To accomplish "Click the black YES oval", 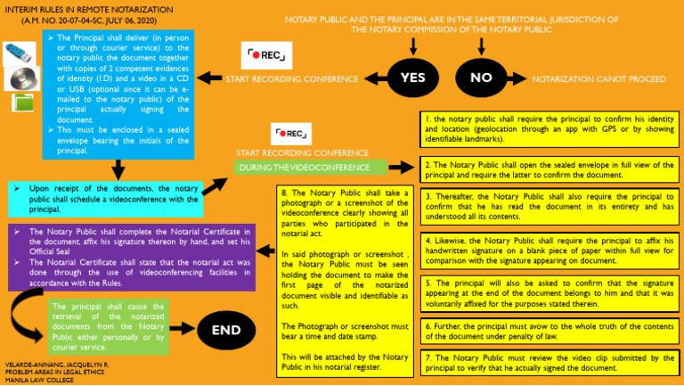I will (x=412, y=78).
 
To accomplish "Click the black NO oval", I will (x=481, y=78).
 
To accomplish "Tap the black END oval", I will (x=226, y=330).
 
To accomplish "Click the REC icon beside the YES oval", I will (x=266, y=55).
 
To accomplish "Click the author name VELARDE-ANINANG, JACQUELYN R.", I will (x=56, y=365).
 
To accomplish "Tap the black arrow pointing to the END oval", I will (x=181, y=330).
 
